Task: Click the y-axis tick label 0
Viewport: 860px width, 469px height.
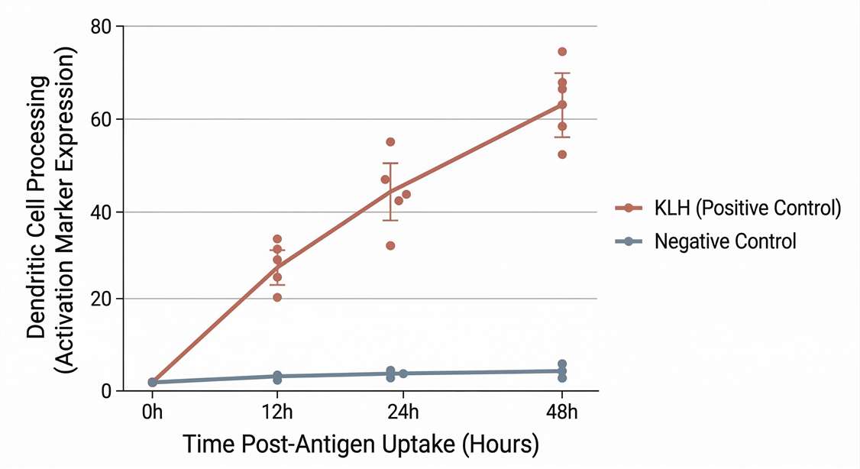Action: [108, 391]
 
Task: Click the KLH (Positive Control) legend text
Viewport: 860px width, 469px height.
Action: [748, 209]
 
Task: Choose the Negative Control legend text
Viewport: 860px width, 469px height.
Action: [726, 242]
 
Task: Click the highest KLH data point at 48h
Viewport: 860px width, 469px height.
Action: [562, 52]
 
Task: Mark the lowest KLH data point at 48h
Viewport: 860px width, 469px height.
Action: [562, 154]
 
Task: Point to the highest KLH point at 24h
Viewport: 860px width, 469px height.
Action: [390, 142]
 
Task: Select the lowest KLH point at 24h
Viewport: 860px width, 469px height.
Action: [390, 245]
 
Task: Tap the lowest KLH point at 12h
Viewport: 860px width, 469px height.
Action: [277, 297]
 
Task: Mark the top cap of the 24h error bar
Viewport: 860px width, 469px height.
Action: [390, 163]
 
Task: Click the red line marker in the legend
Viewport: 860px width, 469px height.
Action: [628, 209]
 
